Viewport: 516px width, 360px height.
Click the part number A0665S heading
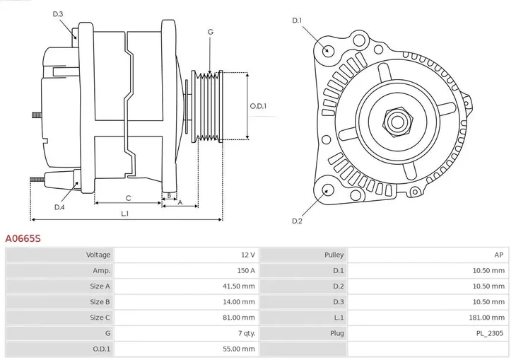[x=23, y=239]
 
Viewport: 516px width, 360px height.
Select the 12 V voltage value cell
[x=247, y=255]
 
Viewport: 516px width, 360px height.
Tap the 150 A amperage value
[x=246, y=270]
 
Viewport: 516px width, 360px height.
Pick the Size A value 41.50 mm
[x=241, y=286]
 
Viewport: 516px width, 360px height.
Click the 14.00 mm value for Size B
[x=241, y=302]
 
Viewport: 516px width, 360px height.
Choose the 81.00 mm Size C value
[x=241, y=318]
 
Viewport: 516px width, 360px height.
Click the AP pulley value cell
[x=499, y=255]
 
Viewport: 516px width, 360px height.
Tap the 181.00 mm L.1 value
[x=489, y=318]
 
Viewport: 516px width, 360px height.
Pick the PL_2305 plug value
[x=491, y=333]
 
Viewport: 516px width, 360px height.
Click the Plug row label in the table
[x=336, y=333]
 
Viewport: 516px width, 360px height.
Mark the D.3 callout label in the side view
[x=58, y=14]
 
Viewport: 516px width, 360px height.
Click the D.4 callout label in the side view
[x=59, y=207]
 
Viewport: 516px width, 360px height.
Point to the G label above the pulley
[x=210, y=33]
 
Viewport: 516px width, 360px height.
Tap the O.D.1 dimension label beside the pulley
[x=258, y=107]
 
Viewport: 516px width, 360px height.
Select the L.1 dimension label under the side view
[x=124, y=213]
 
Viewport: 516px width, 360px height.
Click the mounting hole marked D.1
[x=327, y=50]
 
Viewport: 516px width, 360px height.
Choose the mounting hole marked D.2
[x=327, y=190]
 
